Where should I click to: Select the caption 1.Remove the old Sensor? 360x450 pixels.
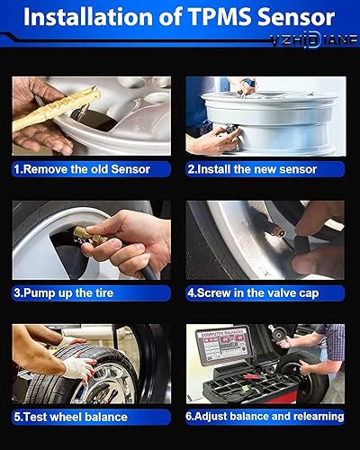(84, 168)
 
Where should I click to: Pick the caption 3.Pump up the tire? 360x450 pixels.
(73, 292)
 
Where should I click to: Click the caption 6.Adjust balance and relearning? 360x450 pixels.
(265, 416)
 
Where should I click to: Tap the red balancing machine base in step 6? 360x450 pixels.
(241, 387)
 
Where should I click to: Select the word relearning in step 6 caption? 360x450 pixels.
(314, 416)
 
